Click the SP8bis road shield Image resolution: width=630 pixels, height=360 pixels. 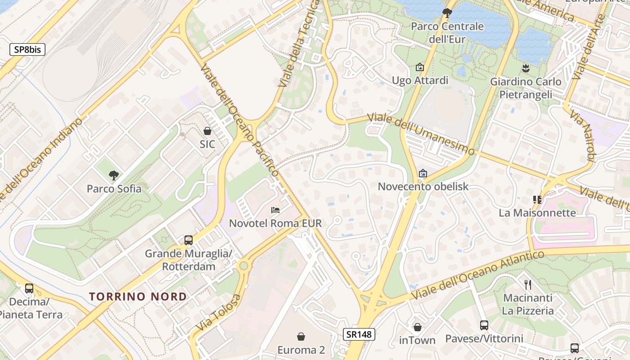27,49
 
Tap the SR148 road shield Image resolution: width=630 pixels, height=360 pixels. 359,334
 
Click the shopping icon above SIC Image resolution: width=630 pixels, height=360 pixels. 207,131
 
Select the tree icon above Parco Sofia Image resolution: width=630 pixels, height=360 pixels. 114,175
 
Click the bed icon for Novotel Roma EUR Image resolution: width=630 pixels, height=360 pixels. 275,210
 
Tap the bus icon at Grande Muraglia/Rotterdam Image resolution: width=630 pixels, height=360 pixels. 189,240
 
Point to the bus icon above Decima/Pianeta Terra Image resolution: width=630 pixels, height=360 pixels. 29,288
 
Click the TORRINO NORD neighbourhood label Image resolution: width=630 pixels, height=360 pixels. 138,297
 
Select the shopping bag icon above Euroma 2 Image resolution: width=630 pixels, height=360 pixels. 301,337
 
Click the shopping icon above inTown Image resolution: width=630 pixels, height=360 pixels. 418,327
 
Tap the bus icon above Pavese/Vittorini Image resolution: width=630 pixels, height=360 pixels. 484,325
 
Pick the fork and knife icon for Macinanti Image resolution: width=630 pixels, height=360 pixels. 528,284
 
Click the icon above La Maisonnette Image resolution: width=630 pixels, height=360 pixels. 537,199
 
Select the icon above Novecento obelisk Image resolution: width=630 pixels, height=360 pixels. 423,173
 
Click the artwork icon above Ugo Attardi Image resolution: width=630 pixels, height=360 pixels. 420,67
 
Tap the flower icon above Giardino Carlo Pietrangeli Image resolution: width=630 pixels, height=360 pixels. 525,68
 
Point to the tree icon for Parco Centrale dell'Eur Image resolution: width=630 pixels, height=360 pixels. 447,13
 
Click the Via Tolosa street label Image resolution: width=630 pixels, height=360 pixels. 219,313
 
